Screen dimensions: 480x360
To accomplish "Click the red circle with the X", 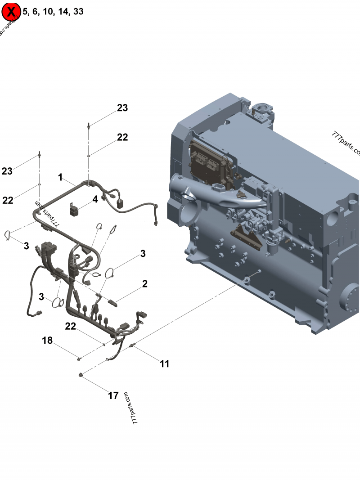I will click(11, 11).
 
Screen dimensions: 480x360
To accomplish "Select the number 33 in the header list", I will click(78, 12).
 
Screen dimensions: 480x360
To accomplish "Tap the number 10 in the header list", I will click(48, 12).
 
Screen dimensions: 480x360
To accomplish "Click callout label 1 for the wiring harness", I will click(60, 178).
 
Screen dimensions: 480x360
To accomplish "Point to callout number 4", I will click(95, 198).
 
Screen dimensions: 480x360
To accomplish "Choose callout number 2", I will click(144, 284).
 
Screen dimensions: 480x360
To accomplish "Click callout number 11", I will click(165, 363).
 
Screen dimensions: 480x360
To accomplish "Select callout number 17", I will click(113, 395).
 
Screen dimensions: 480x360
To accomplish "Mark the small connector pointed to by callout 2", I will click(113, 302).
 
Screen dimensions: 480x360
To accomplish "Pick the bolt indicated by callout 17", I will click(81, 374).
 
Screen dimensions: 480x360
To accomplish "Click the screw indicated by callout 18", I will click(79, 358).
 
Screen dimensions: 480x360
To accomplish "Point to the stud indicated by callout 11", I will click(133, 345).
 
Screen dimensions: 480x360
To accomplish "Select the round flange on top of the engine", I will click(261, 109).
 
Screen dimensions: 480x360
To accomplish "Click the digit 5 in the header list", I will click(25, 12).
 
